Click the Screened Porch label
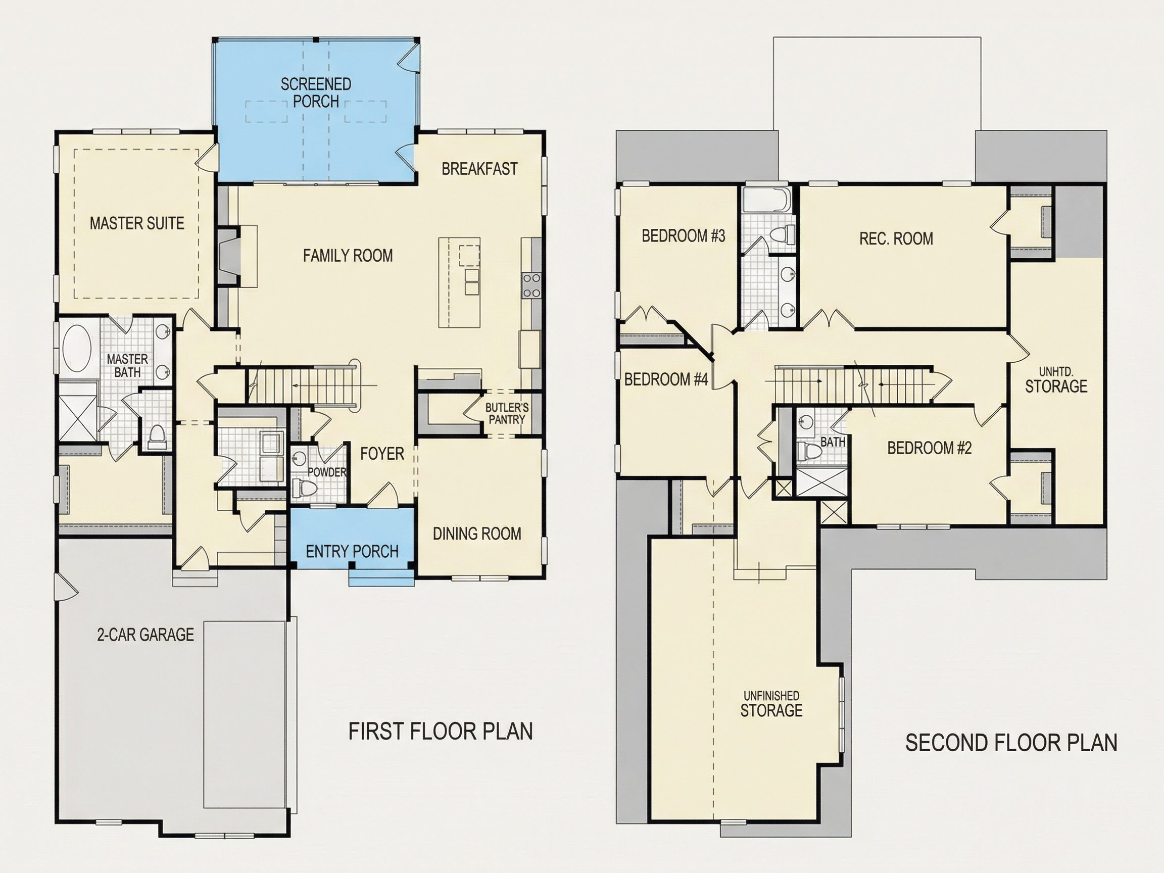tap(316, 92)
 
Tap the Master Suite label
tap(137, 223)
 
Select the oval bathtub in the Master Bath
tap(77, 349)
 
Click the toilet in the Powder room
tap(304, 488)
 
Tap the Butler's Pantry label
tap(507, 413)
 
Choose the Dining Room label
tap(477, 533)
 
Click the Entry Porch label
tap(352, 552)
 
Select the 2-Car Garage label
tap(145, 635)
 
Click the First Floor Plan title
tap(441, 732)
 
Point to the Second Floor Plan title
tap(1011, 743)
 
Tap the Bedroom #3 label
tap(683, 236)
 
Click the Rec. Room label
tap(896, 239)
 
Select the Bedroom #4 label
tap(666, 379)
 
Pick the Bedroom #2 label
tap(929, 448)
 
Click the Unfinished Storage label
tap(771, 704)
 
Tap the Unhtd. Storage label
tap(1056, 381)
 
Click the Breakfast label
tap(479, 169)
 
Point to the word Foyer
tap(382, 454)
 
